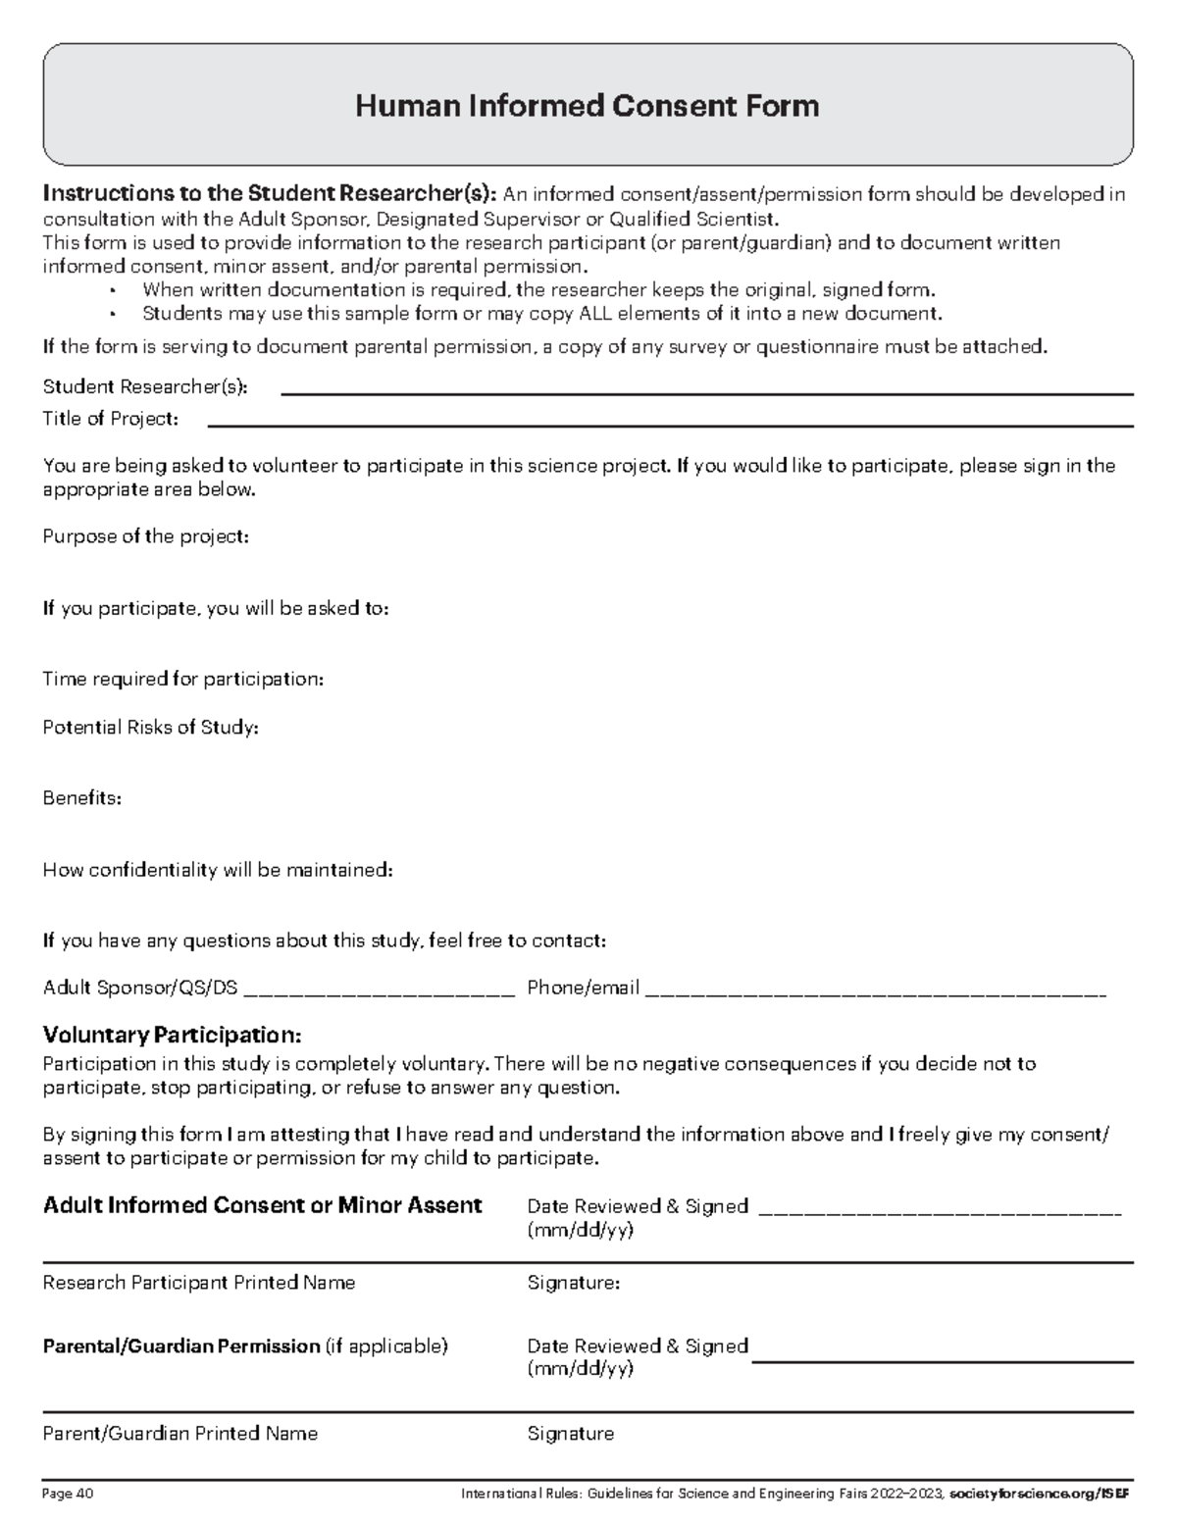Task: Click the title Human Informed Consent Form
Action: [587, 105]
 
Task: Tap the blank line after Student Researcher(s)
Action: [706, 393]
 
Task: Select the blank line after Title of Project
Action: [671, 426]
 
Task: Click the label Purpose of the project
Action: [146, 536]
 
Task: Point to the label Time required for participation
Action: [183, 679]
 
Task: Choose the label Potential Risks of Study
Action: [151, 727]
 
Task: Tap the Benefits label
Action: [82, 797]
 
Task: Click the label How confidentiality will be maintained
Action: [218, 869]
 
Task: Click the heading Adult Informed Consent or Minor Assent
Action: [263, 1205]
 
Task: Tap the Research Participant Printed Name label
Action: [199, 1283]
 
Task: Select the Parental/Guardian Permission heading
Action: [181, 1346]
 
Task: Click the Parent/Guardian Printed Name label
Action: [180, 1434]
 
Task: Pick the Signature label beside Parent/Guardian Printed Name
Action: [571, 1434]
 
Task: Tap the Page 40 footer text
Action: [68, 1495]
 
